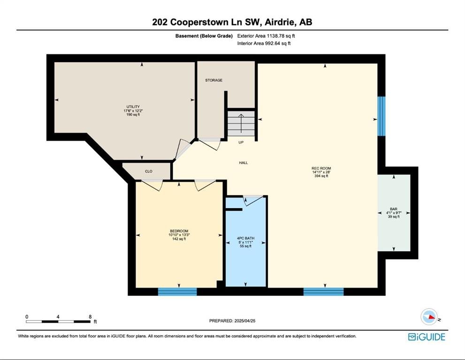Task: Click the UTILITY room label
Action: point(133,107)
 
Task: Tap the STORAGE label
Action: point(214,80)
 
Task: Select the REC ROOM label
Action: point(321,168)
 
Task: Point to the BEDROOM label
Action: point(179,231)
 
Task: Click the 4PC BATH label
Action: point(245,238)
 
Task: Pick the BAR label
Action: point(394,209)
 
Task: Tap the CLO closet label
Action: point(149,171)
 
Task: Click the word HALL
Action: point(244,163)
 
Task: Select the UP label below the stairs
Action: point(241,142)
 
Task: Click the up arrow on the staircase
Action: point(241,123)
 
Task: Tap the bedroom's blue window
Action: point(177,292)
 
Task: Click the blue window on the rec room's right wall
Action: point(381,116)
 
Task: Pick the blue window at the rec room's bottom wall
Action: point(324,292)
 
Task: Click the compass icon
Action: point(429,317)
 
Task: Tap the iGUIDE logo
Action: point(427,337)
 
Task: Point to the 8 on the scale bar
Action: point(90,317)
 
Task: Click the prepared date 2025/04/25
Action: point(245,321)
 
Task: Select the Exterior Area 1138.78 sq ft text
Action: point(266,36)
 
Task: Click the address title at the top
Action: point(232,22)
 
